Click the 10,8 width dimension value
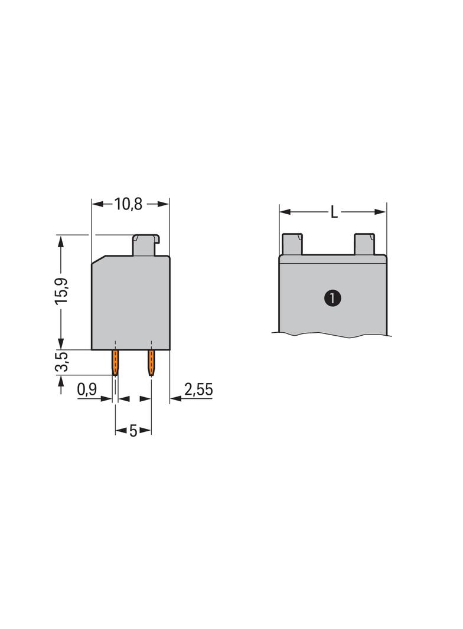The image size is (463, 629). [x=129, y=204]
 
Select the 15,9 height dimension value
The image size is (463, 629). [x=63, y=290]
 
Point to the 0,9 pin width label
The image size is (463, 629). [x=87, y=389]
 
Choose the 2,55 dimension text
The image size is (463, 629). [x=198, y=389]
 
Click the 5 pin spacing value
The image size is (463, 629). [x=133, y=431]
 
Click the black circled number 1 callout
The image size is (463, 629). [x=332, y=299]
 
